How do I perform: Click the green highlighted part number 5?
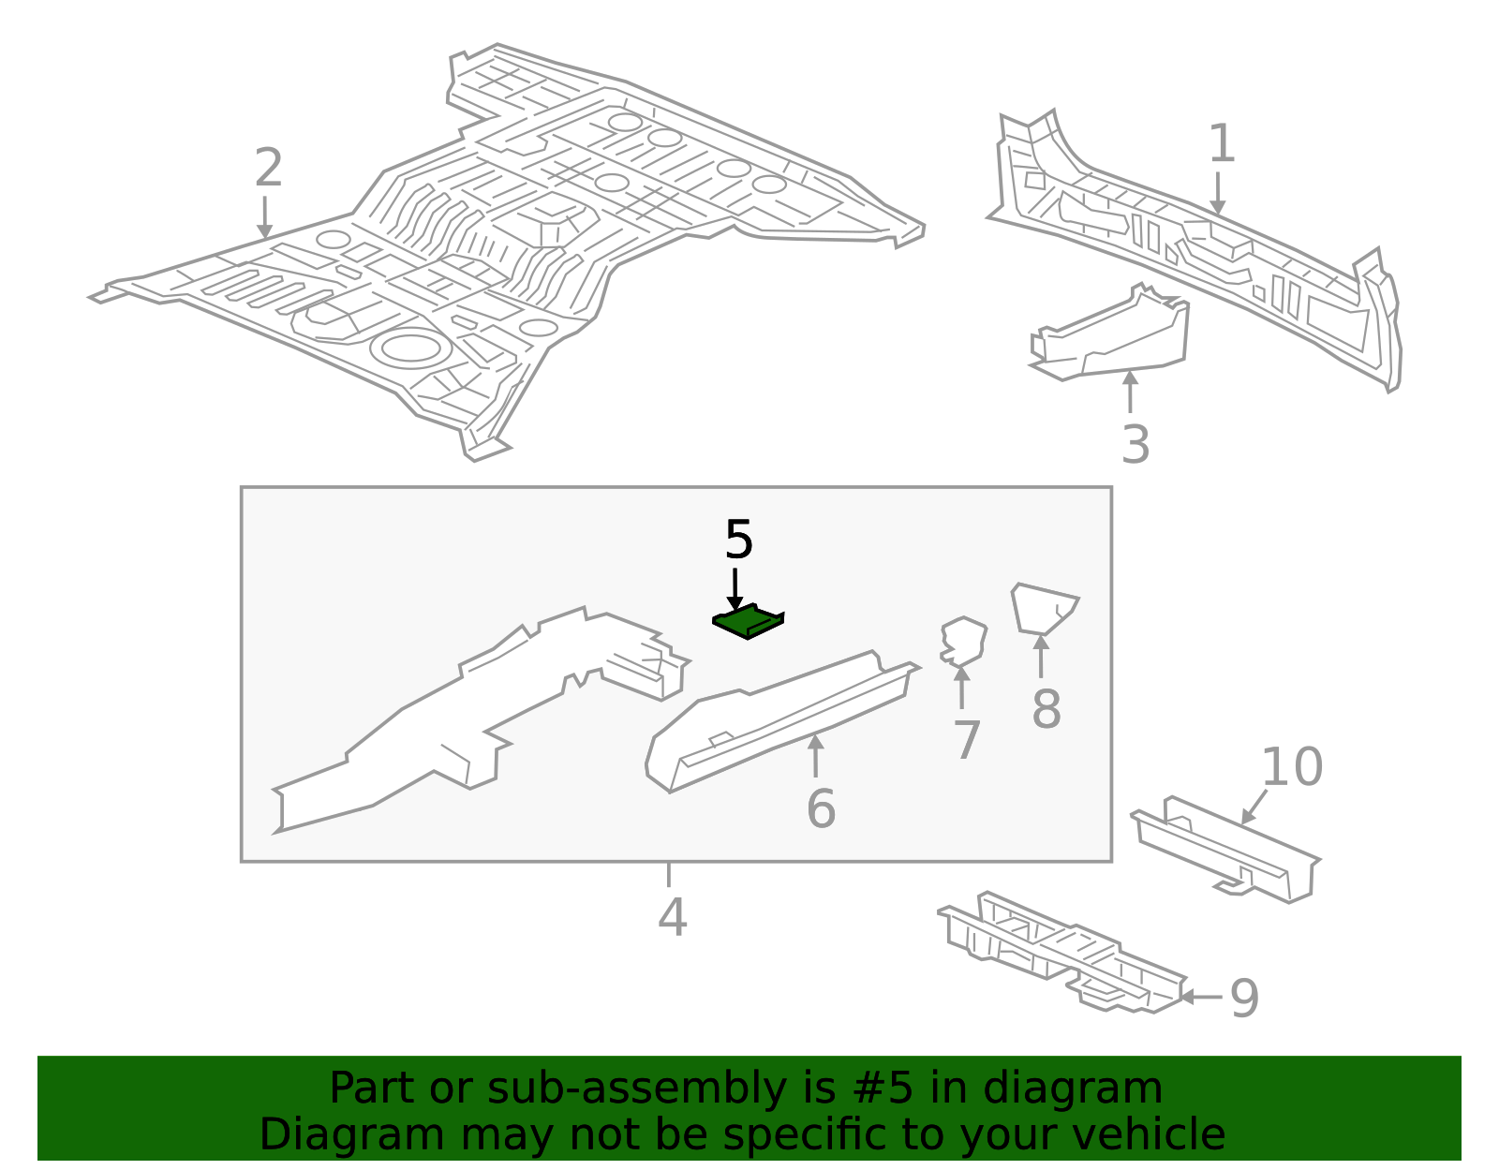[x=748, y=622]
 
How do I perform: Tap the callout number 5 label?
[x=738, y=541]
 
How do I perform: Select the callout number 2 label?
[x=268, y=169]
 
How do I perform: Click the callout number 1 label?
[x=1221, y=144]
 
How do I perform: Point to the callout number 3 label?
[x=1135, y=444]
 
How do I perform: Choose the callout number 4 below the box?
[x=672, y=917]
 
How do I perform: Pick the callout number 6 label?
[x=821, y=808]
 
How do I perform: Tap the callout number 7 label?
[x=967, y=740]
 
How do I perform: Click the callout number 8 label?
[x=1046, y=709]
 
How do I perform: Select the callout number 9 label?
[x=1244, y=998]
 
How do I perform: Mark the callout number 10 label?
[x=1291, y=767]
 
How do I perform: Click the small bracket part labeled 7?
[x=964, y=640]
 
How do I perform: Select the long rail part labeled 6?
[x=778, y=721]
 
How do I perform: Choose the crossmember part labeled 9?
[x=1059, y=951]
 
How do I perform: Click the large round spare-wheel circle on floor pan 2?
[x=408, y=348]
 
